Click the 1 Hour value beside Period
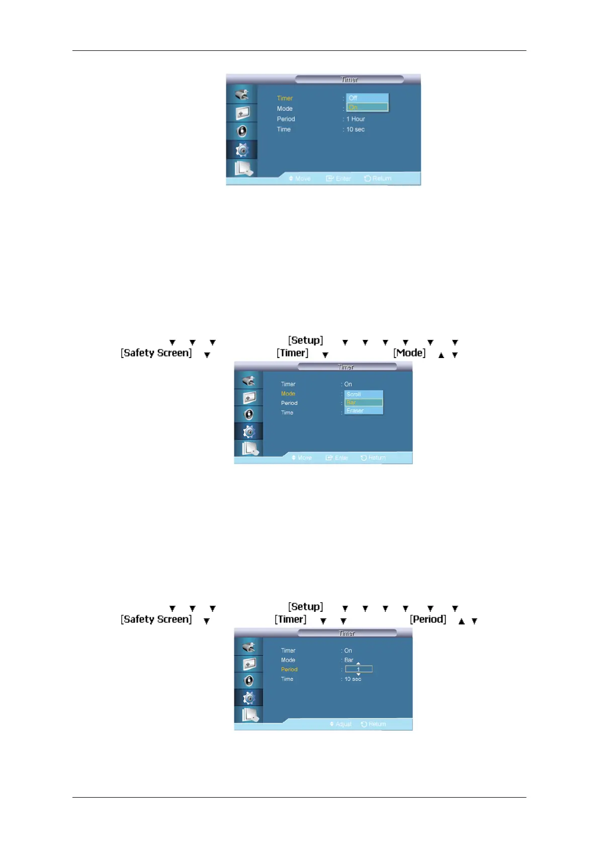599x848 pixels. pyautogui.click(x=356, y=119)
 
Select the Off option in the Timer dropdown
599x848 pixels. pyautogui.click(x=367, y=98)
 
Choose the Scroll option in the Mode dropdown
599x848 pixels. pyautogui.click(x=363, y=394)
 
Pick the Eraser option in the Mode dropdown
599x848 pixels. pyautogui.click(x=363, y=410)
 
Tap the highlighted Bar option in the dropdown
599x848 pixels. pyautogui.click(x=363, y=402)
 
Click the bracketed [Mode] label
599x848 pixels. pyautogui.click(x=409, y=353)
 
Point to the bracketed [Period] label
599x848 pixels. pyautogui.click(x=428, y=619)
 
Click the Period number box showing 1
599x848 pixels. pyautogui.click(x=359, y=669)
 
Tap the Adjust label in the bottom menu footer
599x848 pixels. pyautogui.click(x=344, y=724)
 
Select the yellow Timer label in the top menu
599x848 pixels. pyautogui.click(x=285, y=98)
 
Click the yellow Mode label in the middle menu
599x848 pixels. pyautogui.click(x=288, y=394)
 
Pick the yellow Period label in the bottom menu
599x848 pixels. pyautogui.click(x=289, y=669)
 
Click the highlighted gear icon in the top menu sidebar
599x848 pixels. pyautogui.click(x=242, y=150)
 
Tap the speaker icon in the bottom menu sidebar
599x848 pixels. pyautogui.click(x=248, y=681)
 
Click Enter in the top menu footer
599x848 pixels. pyautogui.click(x=343, y=179)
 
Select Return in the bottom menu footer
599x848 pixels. pyautogui.click(x=377, y=724)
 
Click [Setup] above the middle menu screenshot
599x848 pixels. pyautogui.click(x=306, y=340)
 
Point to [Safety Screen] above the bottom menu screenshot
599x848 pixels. pyautogui.click(x=156, y=619)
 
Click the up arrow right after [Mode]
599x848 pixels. pyautogui.click(x=441, y=355)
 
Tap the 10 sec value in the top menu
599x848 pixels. pyautogui.click(x=355, y=129)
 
